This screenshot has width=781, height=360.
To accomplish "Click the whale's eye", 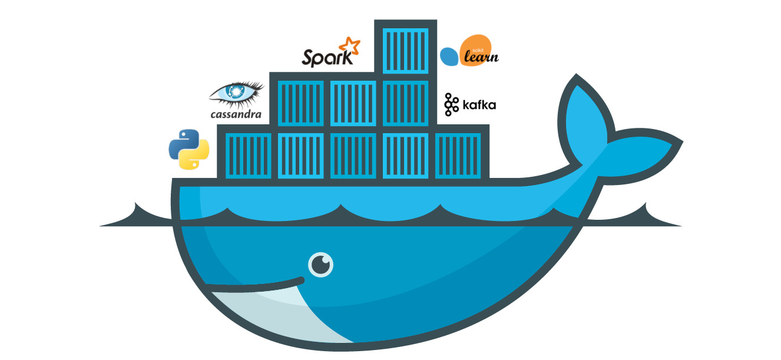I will tap(320, 265).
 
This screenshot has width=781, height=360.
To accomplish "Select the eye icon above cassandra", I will tap(237, 93).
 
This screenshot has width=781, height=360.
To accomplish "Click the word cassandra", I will tap(236, 114).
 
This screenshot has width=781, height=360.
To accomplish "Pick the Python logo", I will tap(189, 150).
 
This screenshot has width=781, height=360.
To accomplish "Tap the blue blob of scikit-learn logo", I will tap(449, 57).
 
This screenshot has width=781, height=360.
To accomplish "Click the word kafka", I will tap(479, 105).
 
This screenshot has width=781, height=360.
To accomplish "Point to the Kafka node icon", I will tap(451, 104).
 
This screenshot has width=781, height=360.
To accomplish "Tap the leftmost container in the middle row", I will tap(300, 103).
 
